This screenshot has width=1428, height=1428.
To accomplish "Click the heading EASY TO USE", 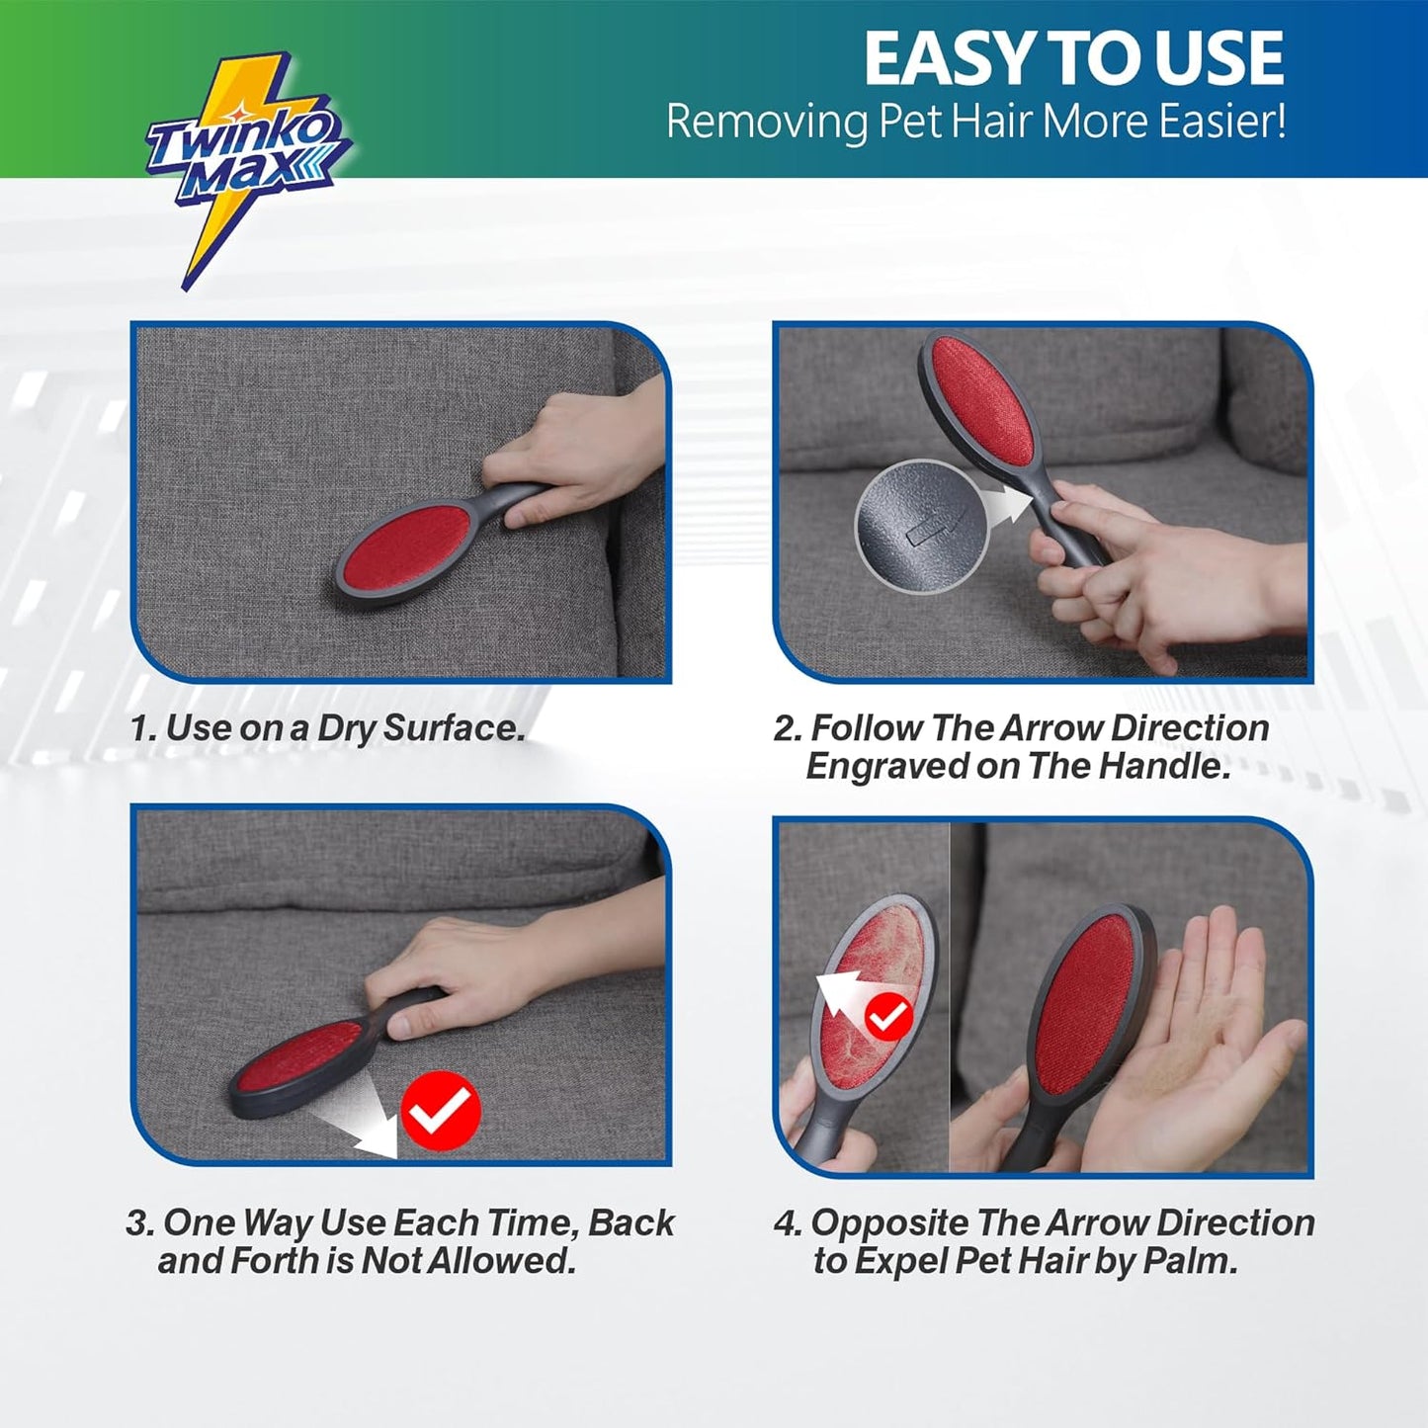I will pos(1073,59).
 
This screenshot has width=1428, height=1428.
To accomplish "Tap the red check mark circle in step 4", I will pos(887,1015).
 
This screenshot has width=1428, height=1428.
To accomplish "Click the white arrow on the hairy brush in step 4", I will pos(845,994).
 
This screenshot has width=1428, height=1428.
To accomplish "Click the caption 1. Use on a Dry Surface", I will pos(327,728).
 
